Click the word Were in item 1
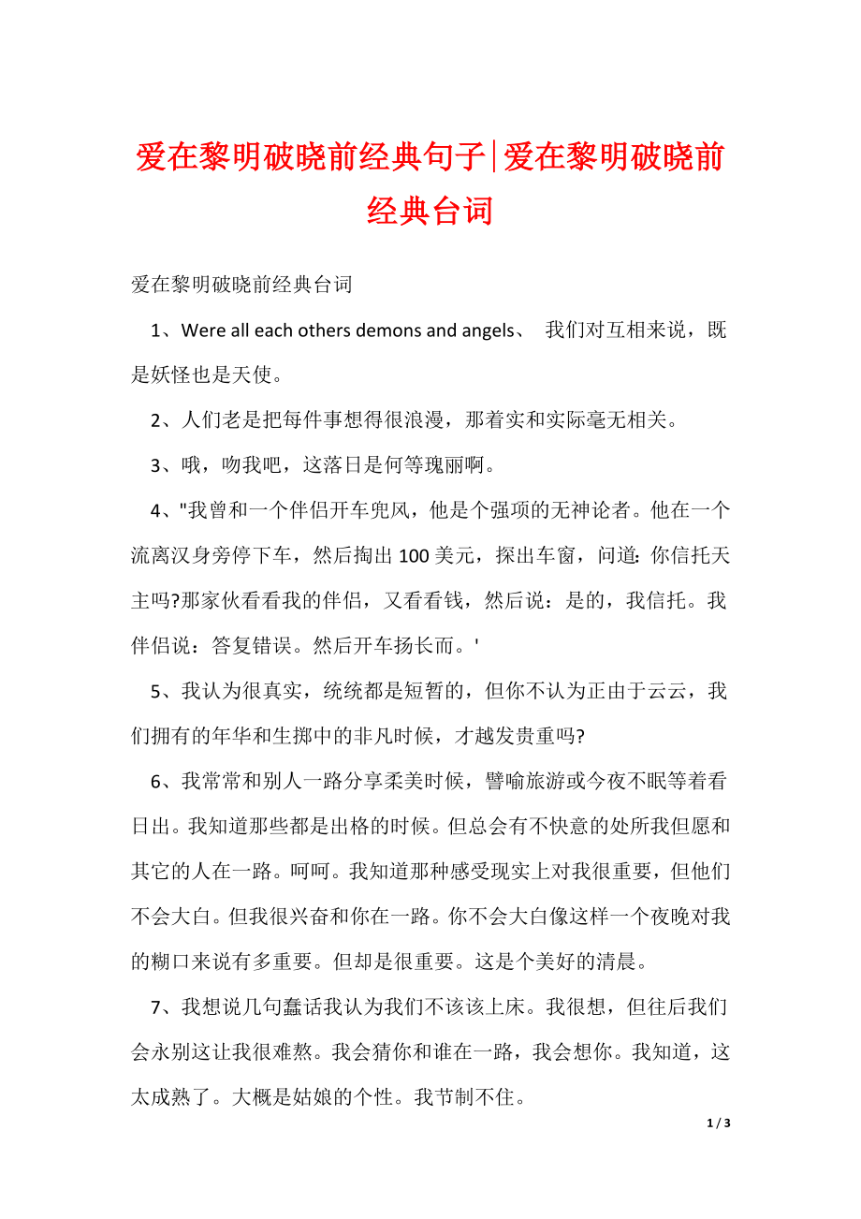tap(204, 330)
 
